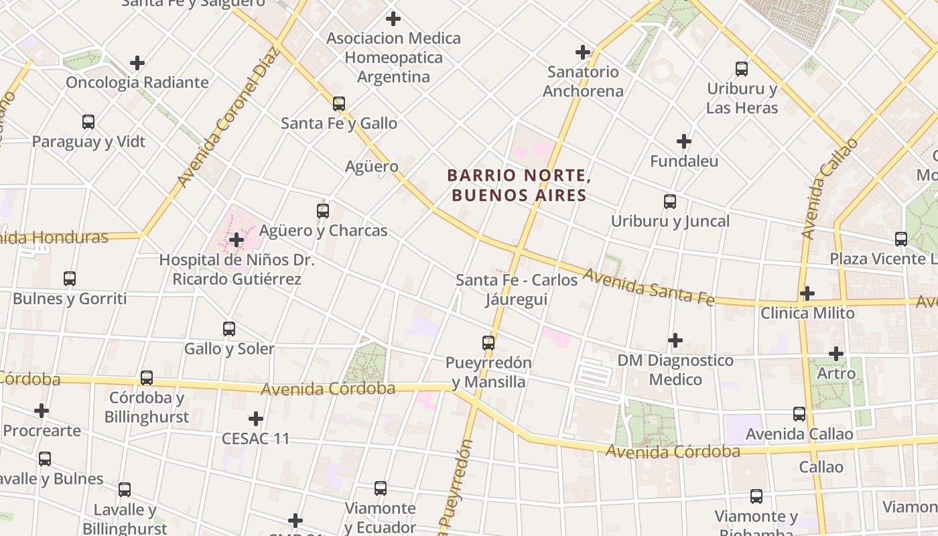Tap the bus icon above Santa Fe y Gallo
(339, 104)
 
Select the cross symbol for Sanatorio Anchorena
(583, 52)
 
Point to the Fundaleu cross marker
(683, 141)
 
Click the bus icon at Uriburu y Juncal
(669, 202)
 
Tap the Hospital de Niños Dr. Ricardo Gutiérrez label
(237, 269)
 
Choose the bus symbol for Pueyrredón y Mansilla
(488, 343)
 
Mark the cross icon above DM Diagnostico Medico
(675, 341)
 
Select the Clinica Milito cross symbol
(807, 293)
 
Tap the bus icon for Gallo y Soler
(229, 329)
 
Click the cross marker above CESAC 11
(255, 419)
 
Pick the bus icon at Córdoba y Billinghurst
(147, 378)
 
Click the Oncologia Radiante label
(137, 83)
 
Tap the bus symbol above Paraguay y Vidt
(88, 122)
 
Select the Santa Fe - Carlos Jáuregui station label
(517, 289)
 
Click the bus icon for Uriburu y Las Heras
(742, 69)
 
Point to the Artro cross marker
(835, 354)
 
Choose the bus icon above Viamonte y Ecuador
(381, 488)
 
